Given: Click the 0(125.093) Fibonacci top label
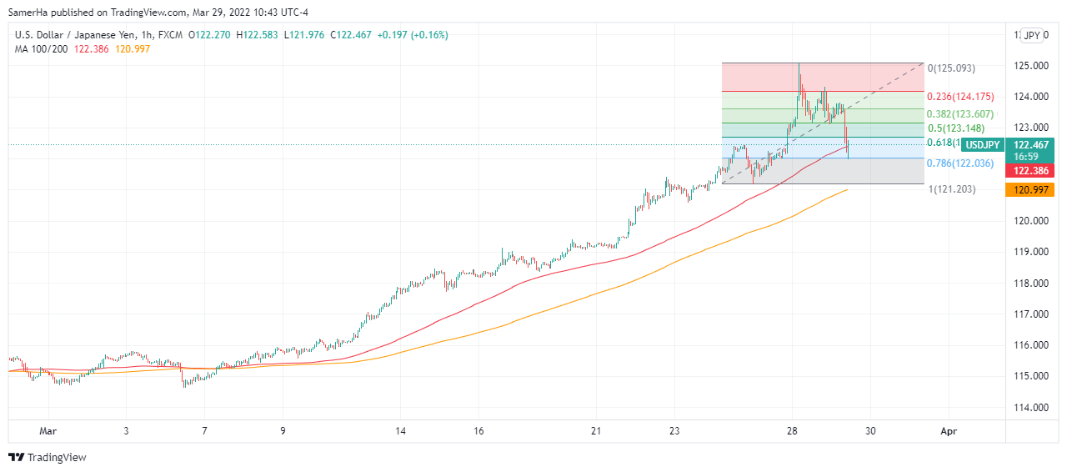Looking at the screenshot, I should point(951,68).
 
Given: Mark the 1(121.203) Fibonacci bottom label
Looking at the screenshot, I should point(952,190).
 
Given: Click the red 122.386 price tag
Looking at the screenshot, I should point(1030,170).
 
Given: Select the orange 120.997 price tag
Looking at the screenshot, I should point(1030,190).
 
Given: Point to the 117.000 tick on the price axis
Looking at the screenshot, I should point(1031,314).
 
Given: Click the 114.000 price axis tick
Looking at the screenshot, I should point(1031,408).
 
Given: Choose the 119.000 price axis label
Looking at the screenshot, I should point(1031,252).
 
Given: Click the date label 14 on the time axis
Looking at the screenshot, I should point(401,431).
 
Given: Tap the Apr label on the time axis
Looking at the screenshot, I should point(948,431).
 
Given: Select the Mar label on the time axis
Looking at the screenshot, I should point(48,431).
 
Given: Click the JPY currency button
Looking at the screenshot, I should point(1032,35).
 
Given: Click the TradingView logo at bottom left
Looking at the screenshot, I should point(48,457).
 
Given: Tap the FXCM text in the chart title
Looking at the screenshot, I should point(171,35).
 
